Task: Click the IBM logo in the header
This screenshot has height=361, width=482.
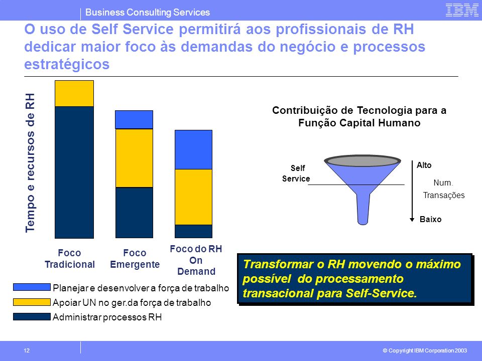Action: [462, 10]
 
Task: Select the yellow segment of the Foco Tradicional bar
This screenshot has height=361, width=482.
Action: [74, 94]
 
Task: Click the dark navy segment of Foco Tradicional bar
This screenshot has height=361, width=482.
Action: [74, 172]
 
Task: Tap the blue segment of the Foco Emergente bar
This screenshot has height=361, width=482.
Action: [134, 120]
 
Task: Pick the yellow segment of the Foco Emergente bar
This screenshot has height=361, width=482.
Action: [134, 158]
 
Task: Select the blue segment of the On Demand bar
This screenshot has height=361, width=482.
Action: [193, 150]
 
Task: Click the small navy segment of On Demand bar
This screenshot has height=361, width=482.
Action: [193, 232]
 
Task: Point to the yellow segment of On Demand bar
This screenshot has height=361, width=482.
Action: [193, 197]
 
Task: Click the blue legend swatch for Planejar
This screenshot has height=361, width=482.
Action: [32, 287]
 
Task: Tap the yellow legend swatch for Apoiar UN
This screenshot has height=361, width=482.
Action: [32, 302]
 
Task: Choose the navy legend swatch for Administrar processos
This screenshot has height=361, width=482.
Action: [32, 316]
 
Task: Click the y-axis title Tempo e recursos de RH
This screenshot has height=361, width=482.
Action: [30, 162]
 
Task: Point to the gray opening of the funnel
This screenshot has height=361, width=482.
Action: [363, 160]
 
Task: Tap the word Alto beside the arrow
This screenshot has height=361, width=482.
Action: [424, 165]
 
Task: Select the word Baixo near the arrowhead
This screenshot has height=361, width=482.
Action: [430, 219]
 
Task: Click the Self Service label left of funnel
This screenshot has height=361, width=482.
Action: [296, 173]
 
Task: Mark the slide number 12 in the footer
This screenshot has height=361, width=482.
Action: [27, 350]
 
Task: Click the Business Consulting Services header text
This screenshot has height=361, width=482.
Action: [148, 12]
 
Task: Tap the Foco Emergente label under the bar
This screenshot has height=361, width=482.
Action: [135, 259]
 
